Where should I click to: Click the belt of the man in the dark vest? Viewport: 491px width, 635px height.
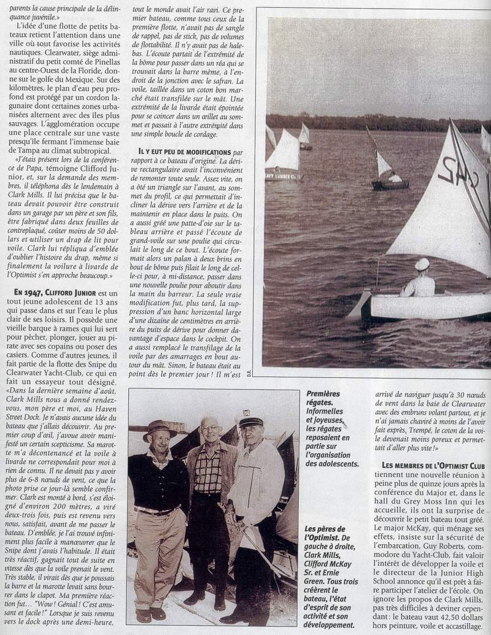[156, 510]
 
